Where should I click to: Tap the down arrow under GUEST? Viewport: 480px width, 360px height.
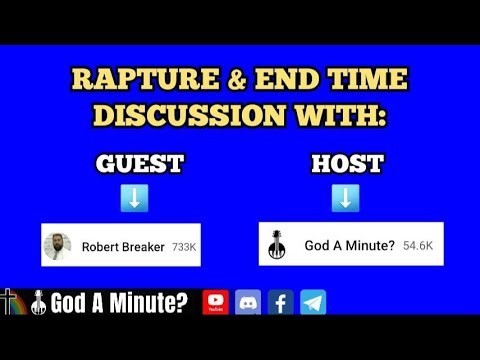coord(134,199)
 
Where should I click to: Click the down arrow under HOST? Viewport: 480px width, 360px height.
coord(343,199)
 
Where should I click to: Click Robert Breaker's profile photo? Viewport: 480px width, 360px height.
coord(58,246)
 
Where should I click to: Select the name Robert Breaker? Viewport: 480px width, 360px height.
coord(123,246)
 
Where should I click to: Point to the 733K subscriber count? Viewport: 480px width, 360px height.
coord(184,246)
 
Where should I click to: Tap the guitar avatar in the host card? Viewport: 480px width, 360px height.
coord(277,246)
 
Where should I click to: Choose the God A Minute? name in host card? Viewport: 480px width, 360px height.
coord(349,244)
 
